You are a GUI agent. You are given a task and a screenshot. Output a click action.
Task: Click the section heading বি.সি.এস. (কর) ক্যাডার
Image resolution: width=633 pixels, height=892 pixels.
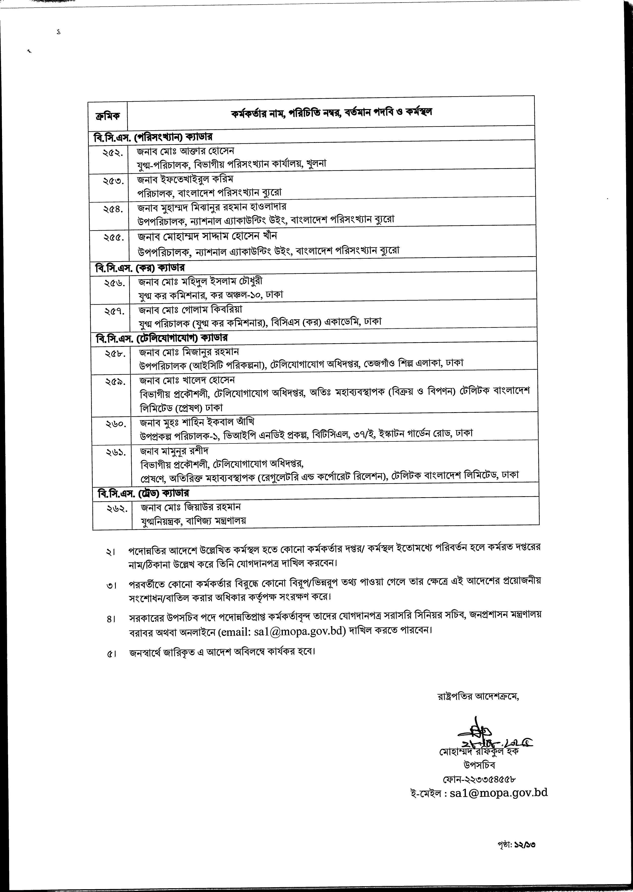click(x=139, y=268)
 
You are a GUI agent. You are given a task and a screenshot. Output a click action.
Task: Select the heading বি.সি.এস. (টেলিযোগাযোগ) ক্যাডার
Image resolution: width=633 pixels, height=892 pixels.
click(x=161, y=338)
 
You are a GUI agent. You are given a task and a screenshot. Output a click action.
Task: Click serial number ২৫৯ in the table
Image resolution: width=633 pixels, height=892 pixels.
click(x=115, y=382)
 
